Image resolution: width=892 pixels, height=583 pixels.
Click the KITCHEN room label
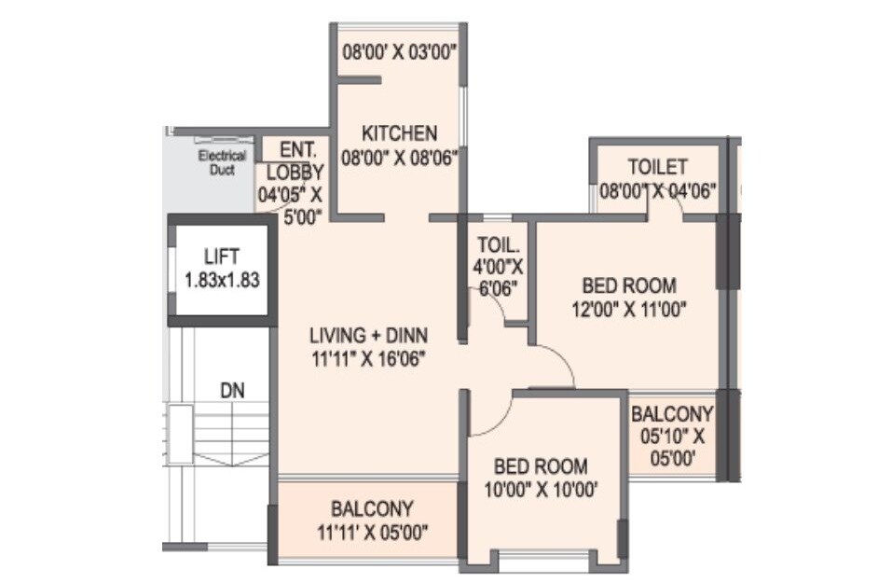tap(399, 132)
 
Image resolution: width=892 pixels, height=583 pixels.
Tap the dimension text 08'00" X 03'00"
tap(400, 52)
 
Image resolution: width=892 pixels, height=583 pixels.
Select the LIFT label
tap(221, 255)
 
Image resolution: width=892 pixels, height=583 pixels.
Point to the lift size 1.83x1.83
tap(221, 278)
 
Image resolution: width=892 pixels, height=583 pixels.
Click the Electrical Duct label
tap(222, 162)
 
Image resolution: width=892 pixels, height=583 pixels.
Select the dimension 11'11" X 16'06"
tap(369, 356)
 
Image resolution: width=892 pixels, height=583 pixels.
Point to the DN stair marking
tap(232, 392)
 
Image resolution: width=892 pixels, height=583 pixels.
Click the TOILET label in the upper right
tap(657, 167)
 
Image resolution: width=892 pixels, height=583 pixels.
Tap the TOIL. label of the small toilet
tap(498, 245)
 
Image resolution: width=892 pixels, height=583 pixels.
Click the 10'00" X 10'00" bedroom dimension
tap(540, 488)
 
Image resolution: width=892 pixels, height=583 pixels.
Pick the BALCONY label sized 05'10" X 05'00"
tap(672, 413)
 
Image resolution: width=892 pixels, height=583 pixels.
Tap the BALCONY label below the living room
tap(372, 509)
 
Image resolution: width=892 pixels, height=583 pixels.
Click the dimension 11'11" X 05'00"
tap(372, 533)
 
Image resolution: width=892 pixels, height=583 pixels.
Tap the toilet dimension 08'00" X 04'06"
tap(658, 192)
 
